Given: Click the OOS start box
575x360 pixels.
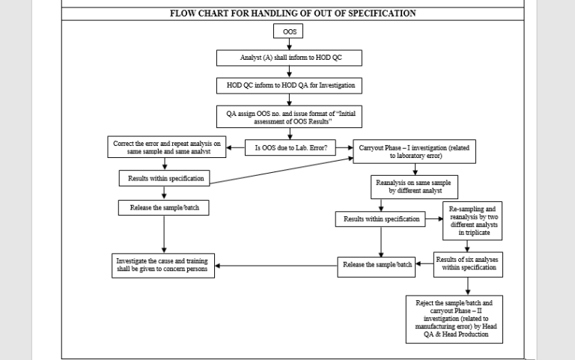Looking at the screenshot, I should click(289, 31).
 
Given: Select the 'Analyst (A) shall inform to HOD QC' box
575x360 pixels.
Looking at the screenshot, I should click(289, 58).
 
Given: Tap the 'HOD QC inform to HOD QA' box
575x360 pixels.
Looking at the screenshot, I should click(289, 85).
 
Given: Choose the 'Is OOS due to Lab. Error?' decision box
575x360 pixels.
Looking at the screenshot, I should click(290, 148).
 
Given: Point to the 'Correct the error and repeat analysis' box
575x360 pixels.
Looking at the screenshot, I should click(167, 147).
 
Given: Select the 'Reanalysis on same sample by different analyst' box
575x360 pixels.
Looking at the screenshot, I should click(414, 187).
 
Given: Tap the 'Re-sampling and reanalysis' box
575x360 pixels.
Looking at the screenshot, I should click(472, 219).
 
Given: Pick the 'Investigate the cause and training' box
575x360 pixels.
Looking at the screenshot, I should click(162, 266).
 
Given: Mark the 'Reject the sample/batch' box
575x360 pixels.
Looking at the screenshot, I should click(454, 319).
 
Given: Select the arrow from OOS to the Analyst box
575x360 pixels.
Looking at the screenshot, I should click(289, 45).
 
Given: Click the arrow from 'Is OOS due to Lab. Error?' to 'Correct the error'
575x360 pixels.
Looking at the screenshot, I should click(236, 148).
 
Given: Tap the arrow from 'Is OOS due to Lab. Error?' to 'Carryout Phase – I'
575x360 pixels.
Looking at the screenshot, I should click(344, 148).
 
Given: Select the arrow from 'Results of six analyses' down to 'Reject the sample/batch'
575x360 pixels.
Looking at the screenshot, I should click(469, 285).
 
